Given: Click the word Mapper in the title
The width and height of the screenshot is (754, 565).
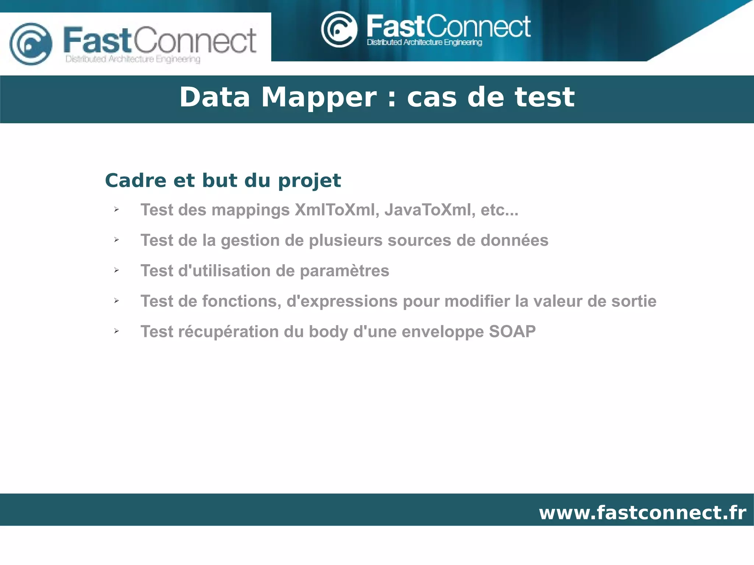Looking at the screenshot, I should click(319, 97).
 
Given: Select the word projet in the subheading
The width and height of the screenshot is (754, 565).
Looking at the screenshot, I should click(309, 181).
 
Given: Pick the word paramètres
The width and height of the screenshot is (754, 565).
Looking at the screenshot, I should click(344, 271).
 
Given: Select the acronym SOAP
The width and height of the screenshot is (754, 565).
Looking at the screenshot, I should click(512, 331).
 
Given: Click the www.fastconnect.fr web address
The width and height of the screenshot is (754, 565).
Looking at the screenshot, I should click(642, 512).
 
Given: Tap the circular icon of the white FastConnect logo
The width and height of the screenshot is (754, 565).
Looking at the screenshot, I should click(339, 29).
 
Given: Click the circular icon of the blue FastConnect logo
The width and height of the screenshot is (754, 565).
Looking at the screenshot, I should click(31, 44).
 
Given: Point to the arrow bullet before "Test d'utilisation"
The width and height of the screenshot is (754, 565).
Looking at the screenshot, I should click(116, 270).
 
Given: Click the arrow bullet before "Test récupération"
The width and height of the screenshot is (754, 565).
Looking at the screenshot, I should click(116, 331).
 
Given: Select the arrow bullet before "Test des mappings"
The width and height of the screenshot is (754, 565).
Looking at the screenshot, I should click(116, 209).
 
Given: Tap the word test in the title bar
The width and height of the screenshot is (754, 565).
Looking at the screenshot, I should click(545, 97).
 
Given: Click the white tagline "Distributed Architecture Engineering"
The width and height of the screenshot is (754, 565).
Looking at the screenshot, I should click(424, 43).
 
